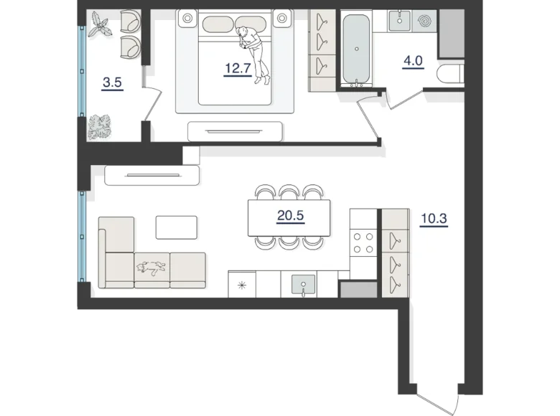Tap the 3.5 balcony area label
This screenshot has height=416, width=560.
click(x=113, y=82)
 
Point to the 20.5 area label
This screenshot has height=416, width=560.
click(x=289, y=215)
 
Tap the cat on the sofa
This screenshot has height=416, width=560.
click(x=151, y=268)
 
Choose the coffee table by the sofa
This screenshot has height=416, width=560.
click(x=177, y=227)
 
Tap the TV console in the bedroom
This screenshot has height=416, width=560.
click(x=235, y=131)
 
